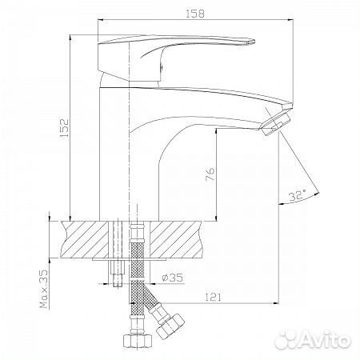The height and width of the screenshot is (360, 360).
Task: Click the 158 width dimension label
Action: pos(195,14)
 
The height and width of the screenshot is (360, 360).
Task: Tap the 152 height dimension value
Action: pos(64,128)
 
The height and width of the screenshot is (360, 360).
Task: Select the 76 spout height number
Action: pos(210,174)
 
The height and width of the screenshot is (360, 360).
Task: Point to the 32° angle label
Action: pos(298,196)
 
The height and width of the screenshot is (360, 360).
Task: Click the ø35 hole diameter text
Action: pos(173,278)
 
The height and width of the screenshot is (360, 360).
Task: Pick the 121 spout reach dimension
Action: pos(214,297)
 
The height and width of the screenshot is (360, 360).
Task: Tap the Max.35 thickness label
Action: pos(45,289)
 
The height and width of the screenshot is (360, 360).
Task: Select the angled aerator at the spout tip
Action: pos(276,122)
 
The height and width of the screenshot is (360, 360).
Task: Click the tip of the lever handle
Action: pos(254,42)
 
